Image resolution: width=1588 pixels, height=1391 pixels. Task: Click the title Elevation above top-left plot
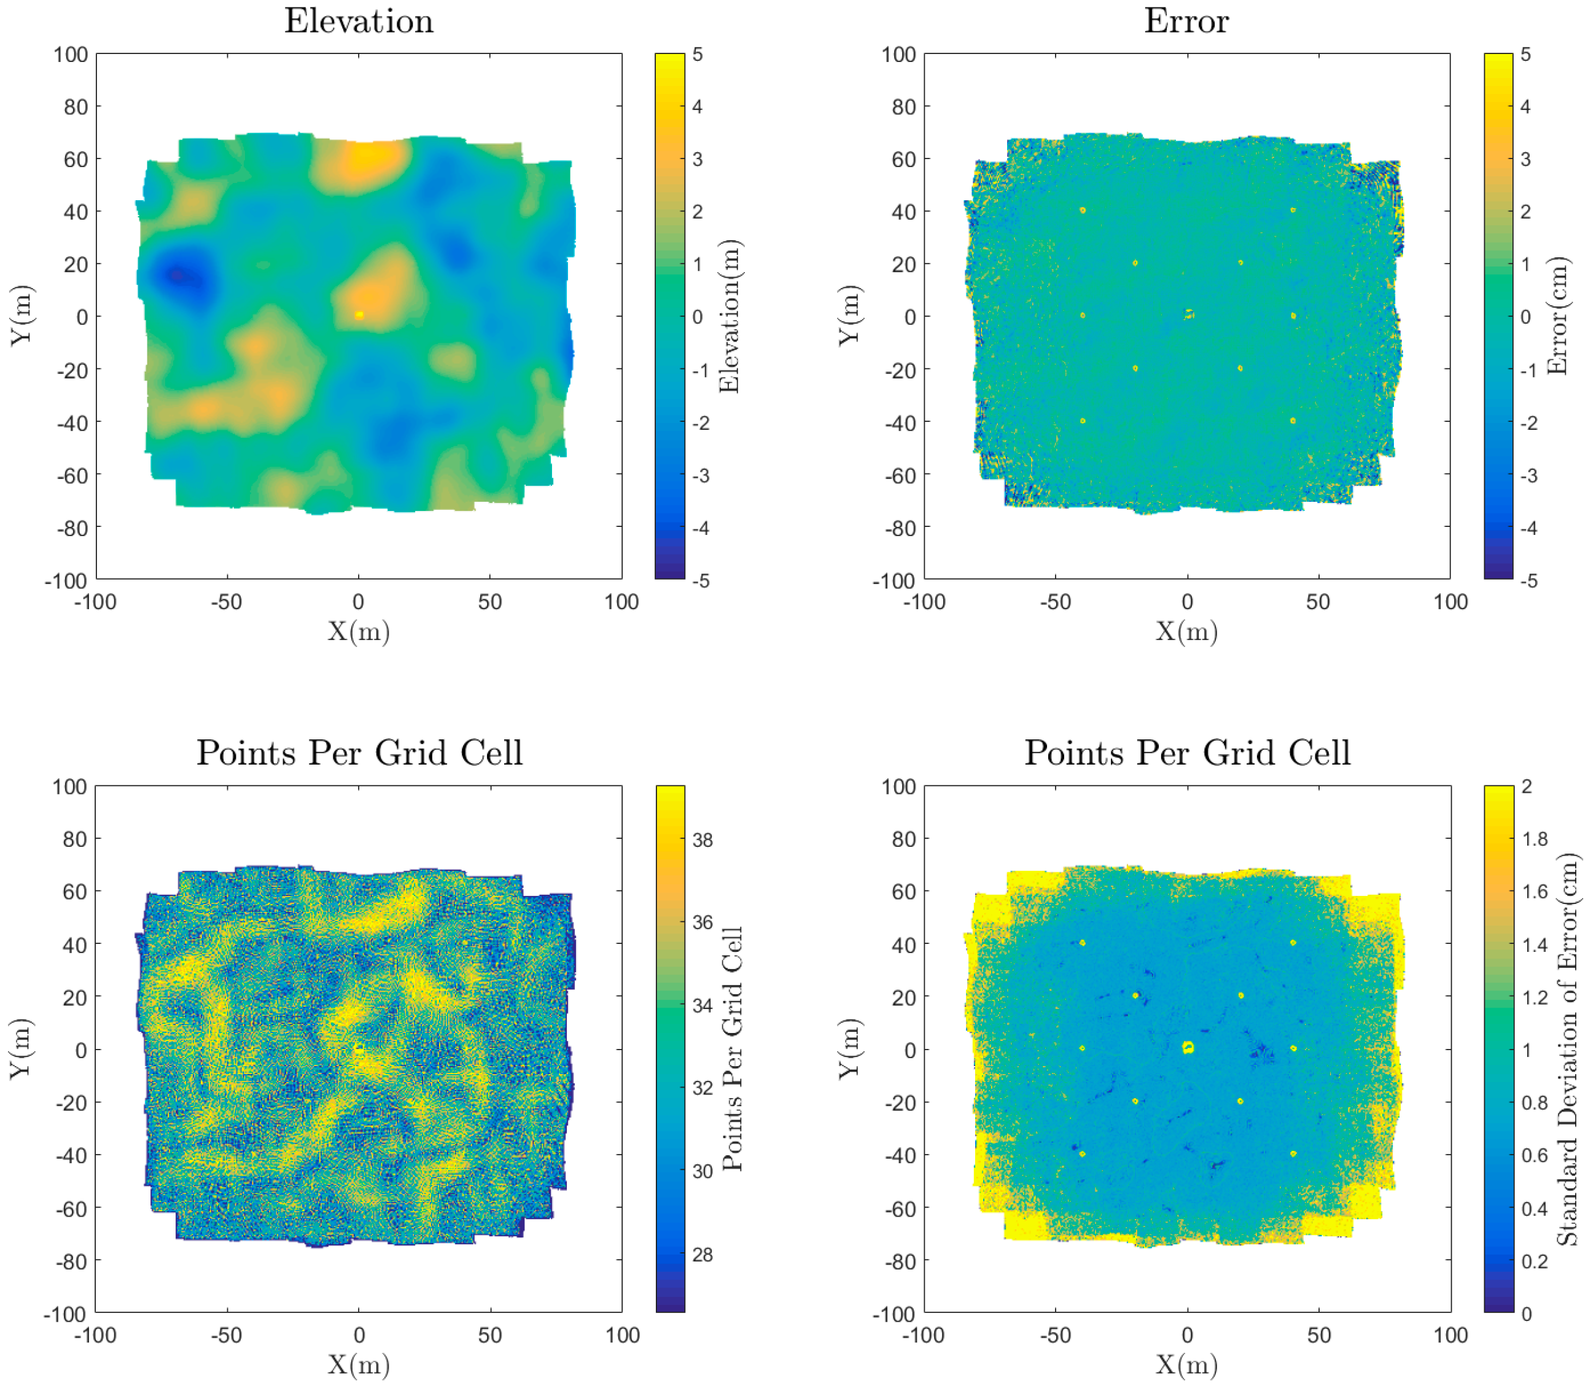point(359,21)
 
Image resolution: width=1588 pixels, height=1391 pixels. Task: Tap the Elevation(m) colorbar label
point(730,316)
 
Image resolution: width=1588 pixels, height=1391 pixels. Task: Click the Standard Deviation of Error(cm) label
point(1567,1050)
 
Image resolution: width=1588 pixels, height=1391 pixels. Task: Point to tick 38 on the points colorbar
point(702,840)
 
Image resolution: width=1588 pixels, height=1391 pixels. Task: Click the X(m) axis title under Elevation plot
point(359,631)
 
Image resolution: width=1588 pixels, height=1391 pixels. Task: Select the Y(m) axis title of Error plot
point(849,316)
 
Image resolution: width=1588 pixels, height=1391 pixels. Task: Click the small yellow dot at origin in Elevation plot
point(359,314)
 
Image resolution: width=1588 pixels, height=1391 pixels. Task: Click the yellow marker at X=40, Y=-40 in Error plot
point(1292,421)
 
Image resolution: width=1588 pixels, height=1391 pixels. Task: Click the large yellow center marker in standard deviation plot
point(1188,1048)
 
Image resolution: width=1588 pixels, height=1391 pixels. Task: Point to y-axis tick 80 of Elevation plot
point(76,106)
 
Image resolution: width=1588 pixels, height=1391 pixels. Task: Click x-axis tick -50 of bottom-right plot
point(1055,1335)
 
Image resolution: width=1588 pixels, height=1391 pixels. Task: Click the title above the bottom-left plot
point(359,753)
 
